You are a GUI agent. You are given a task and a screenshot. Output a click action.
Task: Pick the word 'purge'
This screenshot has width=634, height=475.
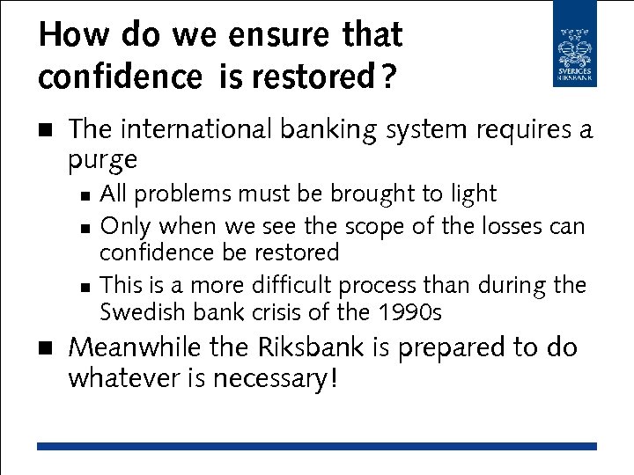(x=103, y=160)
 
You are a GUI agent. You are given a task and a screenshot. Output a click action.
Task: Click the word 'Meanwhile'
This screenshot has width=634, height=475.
(x=134, y=347)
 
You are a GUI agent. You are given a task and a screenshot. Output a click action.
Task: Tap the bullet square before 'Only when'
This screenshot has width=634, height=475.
(x=83, y=228)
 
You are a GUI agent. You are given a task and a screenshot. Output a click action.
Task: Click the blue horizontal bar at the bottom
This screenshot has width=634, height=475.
(x=316, y=447)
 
